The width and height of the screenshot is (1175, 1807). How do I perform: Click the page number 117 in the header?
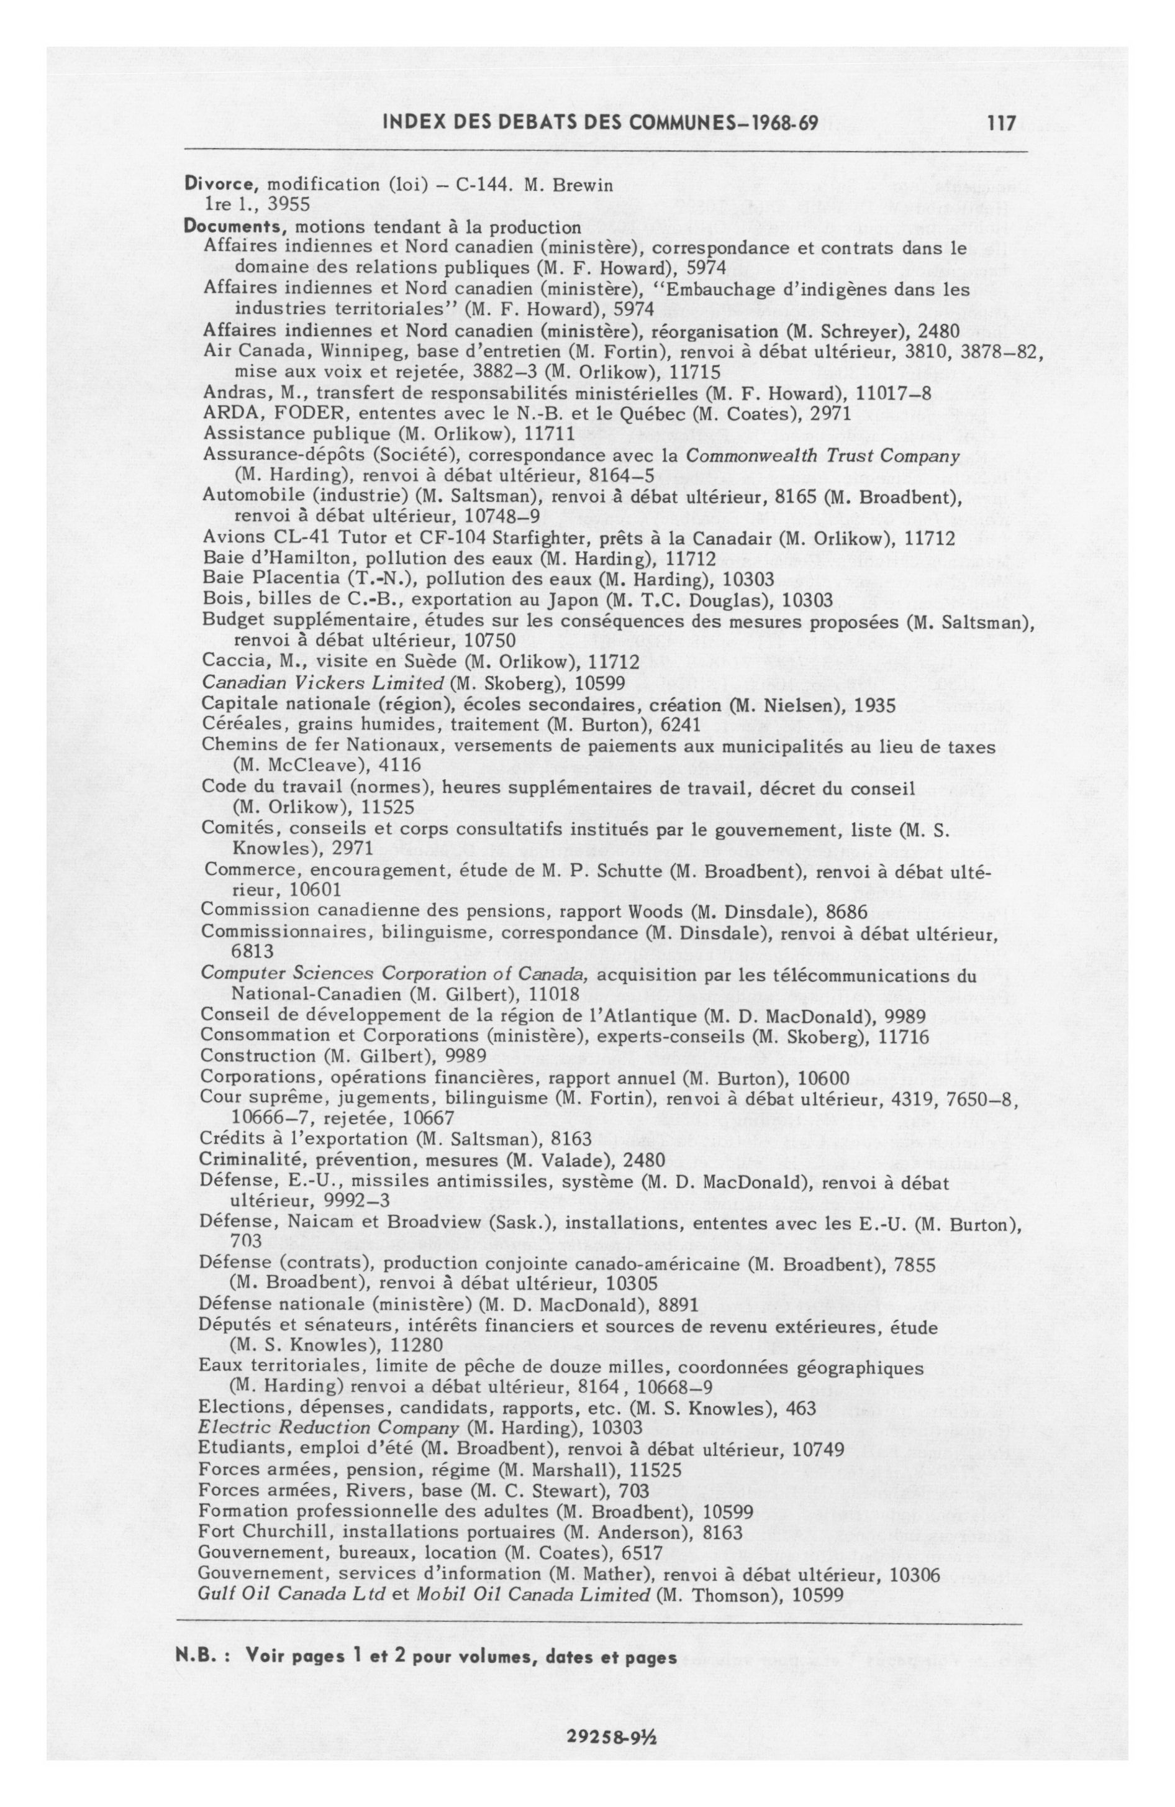(x=1001, y=122)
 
